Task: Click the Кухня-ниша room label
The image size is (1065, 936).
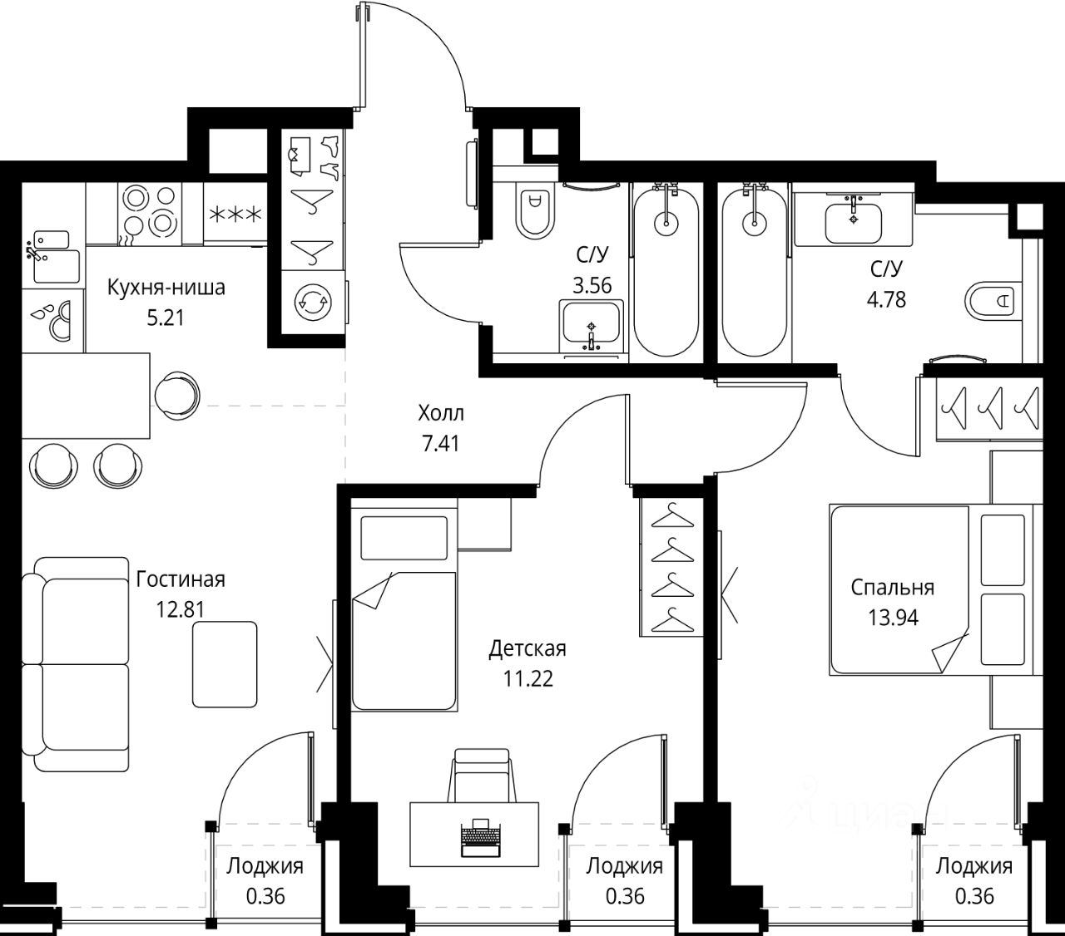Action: (x=166, y=288)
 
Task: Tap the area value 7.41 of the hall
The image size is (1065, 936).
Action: (x=440, y=444)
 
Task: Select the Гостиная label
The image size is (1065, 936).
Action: (x=181, y=579)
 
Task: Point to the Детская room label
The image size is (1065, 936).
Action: (x=528, y=649)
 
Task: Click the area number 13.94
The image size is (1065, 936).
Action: (x=893, y=618)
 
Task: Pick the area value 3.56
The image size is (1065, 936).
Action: (x=592, y=286)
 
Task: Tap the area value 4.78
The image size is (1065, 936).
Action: (x=886, y=300)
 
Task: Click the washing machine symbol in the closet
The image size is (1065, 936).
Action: (x=313, y=302)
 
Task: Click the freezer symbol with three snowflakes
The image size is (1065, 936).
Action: (x=235, y=214)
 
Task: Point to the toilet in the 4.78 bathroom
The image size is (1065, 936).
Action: (x=993, y=300)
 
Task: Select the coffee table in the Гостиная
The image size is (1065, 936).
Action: (x=225, y=664)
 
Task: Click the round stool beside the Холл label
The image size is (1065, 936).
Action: (x=177, y=394)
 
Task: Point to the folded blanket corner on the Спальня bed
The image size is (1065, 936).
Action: (x=949, y=652)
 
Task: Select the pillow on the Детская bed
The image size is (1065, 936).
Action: (x=404, y=538)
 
